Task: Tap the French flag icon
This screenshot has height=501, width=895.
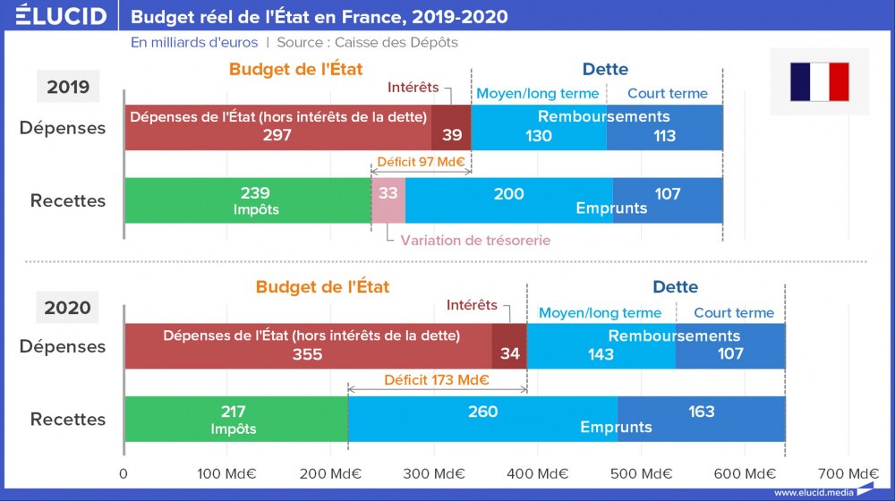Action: (x=819, y=81)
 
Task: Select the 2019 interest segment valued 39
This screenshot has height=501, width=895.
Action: (x=451, y=128)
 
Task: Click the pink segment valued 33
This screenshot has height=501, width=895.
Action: (x=388, y=200)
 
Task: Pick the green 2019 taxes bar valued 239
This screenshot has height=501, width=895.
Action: (x=248, y=200)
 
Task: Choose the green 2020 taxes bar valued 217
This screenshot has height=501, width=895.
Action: (x=235, y=419)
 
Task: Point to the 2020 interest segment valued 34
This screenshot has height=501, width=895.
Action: (x=510, y=346)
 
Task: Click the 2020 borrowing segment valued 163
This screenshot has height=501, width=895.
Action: (x=702, y=419)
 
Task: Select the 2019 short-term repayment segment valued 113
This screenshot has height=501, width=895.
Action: (x=664, y=128)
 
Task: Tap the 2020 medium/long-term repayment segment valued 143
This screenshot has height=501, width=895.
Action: (x=601, y=346)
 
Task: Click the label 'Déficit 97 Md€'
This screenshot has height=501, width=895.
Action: (x=421, y=163)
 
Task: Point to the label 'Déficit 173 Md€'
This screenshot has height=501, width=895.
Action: (x=437, y=379)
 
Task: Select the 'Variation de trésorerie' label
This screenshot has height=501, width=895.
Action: (x=475, y=241)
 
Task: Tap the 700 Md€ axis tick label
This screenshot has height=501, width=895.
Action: (x=848, y=473)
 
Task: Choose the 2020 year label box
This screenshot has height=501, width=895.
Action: (x=68, y=308)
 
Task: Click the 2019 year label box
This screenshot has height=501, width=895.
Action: (x=68, y=87)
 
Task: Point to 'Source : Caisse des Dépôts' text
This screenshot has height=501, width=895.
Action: (x=367, y=42)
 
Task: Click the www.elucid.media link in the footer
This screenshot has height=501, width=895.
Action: (x=813, y=492)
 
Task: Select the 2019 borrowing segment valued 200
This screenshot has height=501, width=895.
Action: (x=508, y=200)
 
